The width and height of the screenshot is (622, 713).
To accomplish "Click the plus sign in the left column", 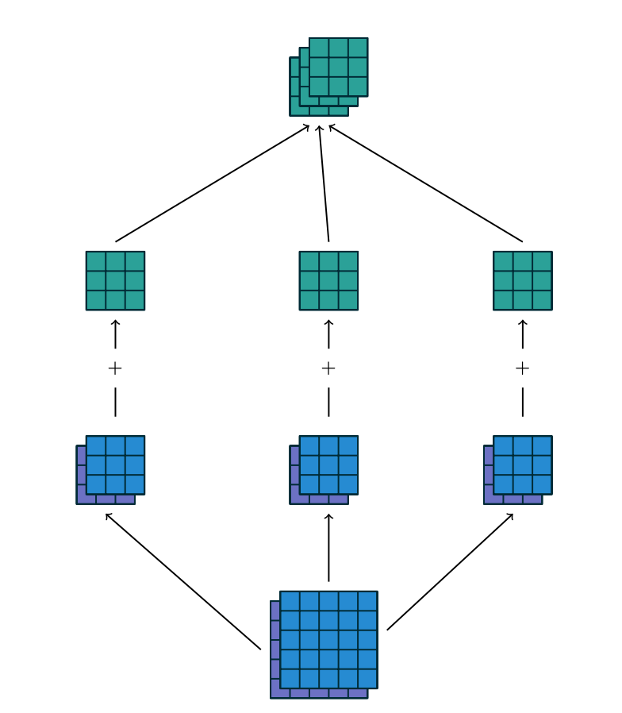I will click(x=115, y=368).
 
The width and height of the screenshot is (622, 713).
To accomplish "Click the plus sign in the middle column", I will click(x=328, y=368).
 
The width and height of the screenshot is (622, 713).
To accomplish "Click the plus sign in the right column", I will click(x=522, y=368).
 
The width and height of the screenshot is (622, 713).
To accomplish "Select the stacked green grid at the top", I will click(x=329, y=76).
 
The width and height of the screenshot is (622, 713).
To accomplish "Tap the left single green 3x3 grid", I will click(x=115, y=280).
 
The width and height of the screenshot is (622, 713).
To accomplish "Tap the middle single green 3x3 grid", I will click(x=328, y=280).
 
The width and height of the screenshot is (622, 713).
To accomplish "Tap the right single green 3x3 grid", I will click(x=522, y=280).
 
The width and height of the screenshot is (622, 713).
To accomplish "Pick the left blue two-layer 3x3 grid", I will click(x=112, y=468).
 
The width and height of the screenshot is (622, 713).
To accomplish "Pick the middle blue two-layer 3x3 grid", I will click(x=325, y=468).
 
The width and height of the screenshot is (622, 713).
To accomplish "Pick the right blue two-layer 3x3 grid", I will click(x=519, y=468).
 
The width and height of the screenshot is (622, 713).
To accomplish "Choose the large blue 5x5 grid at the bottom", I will click(x=325, y=643).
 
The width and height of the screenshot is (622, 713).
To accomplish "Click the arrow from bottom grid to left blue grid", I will click(x=182, y=581).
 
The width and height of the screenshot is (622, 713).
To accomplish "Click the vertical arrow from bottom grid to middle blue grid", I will click(x=328, y=548).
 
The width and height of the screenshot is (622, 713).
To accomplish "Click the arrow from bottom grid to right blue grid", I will click(x=451, y=572).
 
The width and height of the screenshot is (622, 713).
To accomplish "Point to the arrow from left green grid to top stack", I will click(x=213, y=183).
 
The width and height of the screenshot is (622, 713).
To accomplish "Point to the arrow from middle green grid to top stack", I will click(x=324, y=183).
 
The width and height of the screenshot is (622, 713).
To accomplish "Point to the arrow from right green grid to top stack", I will click(x=425, y=183).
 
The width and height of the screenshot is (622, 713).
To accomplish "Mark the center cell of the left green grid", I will click(x=115, y=280).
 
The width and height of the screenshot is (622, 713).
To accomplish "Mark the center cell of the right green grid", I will click(x=522, y=280).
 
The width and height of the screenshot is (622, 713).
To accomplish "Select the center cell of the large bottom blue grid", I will click(x=328, y=640).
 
